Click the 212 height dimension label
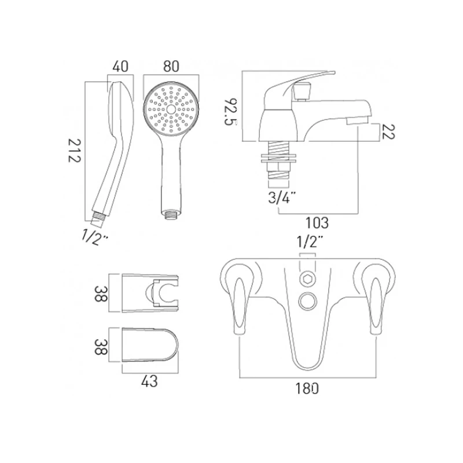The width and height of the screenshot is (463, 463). click(x=74, y=150)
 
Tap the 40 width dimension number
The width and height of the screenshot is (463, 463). click(x=120, y=67)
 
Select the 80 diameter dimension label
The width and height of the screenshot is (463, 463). click(x=171, y=67)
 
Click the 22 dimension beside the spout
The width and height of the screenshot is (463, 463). click(x=388, y=131)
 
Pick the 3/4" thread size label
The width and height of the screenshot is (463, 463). click(x=282, y=197)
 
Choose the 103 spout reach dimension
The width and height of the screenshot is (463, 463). click(x=317, y=223)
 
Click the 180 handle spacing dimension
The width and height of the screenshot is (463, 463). click(x=307, y=388)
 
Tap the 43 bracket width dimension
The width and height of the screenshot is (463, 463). click(x=149, y=381)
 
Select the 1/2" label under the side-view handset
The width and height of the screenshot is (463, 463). click(x=95, y=237)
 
